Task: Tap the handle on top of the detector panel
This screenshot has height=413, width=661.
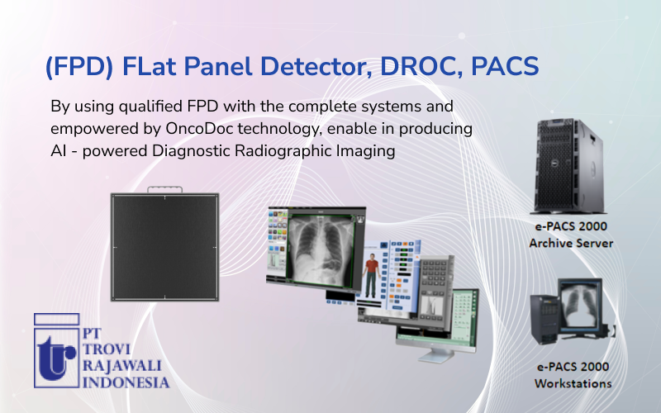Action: click(x=165, y=191)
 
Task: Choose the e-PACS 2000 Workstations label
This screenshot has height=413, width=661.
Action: click(x=573, y=376)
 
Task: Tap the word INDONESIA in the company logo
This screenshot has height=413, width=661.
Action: click(x=126, y=382)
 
